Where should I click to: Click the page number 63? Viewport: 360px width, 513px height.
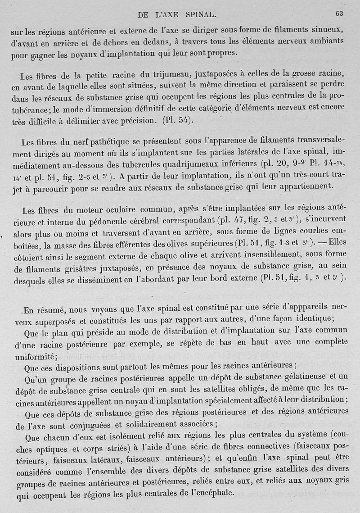coord(339,14)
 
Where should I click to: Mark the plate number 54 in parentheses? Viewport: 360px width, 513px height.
coord(184,120)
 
